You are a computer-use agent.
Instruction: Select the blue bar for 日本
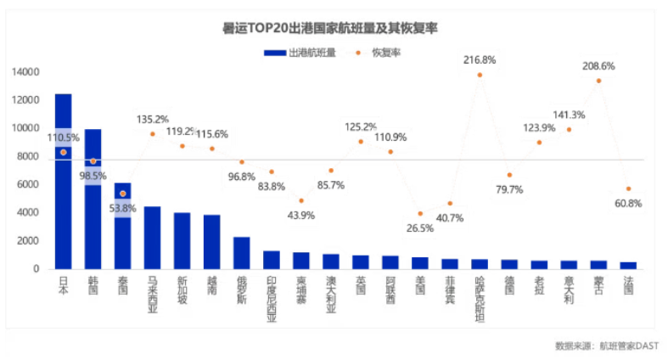(63, 212)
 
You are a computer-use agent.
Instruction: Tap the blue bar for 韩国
(93, 221)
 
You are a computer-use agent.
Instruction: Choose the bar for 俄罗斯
(241, 253)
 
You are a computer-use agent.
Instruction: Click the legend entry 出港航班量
(300, 53)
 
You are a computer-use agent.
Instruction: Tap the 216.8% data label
(480, 60)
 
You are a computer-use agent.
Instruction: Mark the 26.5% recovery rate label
(419, 228)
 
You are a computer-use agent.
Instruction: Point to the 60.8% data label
(628, 204)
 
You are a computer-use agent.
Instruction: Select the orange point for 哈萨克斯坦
(480, 75)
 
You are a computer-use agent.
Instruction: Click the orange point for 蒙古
(598, 81)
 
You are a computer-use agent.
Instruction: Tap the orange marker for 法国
(628, 188)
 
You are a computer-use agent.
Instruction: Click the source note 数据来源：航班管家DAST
(606, 346)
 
